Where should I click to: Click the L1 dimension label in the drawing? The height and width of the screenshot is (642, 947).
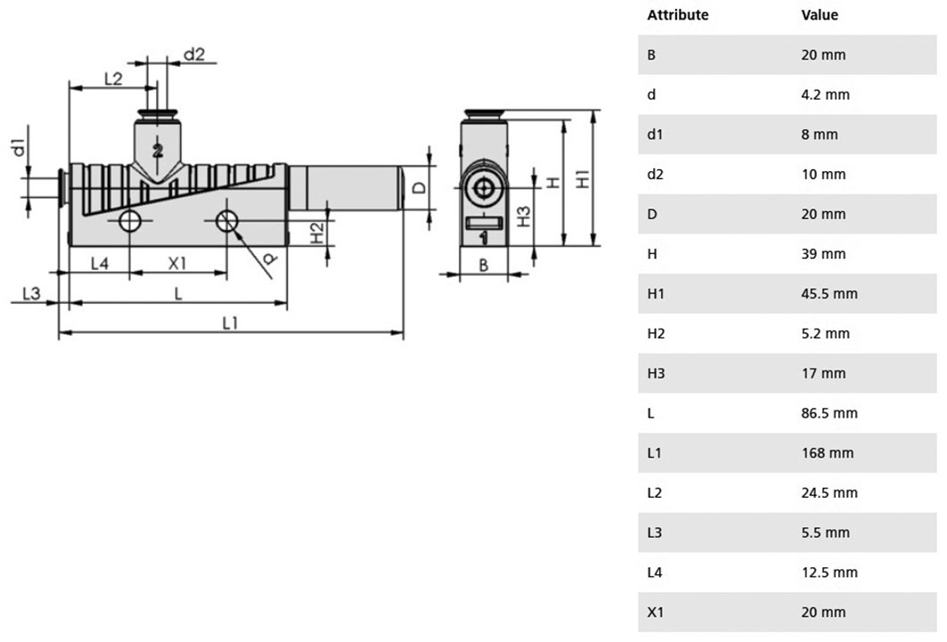pos(230,323)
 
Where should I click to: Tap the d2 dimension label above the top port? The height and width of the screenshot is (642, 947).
pos(194,54)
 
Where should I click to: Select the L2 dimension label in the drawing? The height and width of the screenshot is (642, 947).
pos(113,78)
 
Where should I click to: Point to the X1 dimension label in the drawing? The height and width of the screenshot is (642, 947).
pos(177,264)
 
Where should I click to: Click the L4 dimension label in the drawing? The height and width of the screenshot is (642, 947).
pos(100,264)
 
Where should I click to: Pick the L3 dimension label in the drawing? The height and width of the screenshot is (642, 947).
pos(31,293)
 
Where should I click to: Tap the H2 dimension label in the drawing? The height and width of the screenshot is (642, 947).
pos(316,233)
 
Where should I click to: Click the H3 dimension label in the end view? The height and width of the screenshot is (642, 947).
pos(523,216)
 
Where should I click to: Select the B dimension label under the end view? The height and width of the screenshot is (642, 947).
pos(483,264)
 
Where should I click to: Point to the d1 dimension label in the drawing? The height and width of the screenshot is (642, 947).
pos(20,147)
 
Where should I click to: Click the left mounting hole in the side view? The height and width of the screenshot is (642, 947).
pos(130,221)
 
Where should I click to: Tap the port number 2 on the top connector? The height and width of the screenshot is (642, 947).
pos(158,150)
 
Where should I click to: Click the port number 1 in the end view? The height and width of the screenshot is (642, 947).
pos(483,239)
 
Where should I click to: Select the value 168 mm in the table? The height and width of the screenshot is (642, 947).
pos(828,452)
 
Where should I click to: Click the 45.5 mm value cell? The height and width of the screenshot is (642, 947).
pos(829,293)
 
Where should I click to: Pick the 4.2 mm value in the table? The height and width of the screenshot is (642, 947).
pos(825,94)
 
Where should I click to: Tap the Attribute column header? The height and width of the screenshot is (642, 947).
pos(678,14)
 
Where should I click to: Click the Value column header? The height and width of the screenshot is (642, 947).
pos(820,14)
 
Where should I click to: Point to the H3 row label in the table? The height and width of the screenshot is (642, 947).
pos(656,373)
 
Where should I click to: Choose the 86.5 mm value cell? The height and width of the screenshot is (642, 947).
pos(829,413)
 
